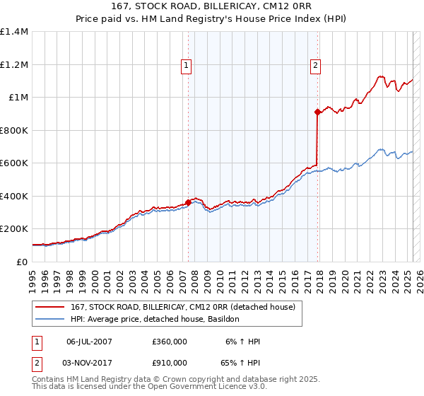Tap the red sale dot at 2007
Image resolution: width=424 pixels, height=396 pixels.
point(188,202)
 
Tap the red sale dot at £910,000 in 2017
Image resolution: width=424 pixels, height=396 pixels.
point(318,112)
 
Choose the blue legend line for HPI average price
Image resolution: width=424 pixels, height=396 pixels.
point(49,319)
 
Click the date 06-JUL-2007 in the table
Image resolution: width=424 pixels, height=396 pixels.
point(89,342)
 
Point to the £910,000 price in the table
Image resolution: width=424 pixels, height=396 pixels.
point(170,363)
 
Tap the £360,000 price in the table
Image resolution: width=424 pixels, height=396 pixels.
point(170,342)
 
